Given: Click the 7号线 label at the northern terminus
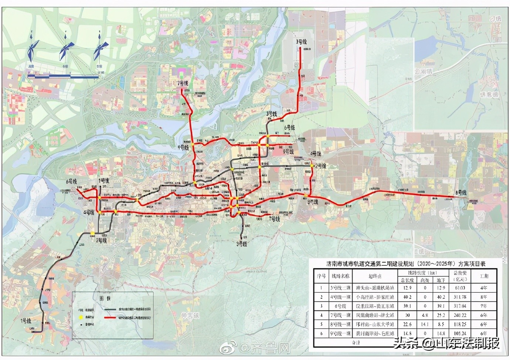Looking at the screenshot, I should (x=183, y=84).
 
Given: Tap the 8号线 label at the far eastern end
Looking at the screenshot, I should (x=461, y=192).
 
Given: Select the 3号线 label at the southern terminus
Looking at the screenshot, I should (x=242, y=244).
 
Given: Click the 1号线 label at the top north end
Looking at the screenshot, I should (x=301, y=42).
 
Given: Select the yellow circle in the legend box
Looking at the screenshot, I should (x=81, y=317).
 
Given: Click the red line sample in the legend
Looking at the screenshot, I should (x=110, y=317).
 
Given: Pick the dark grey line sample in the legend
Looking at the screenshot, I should (x=110, y=309).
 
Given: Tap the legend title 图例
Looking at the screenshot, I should (x=105, y=298).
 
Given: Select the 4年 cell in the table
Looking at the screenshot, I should (x=483, y=288).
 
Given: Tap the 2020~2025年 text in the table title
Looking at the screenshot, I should (x=436, y=264).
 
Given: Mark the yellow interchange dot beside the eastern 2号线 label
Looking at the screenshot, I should (x=312, y=166).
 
